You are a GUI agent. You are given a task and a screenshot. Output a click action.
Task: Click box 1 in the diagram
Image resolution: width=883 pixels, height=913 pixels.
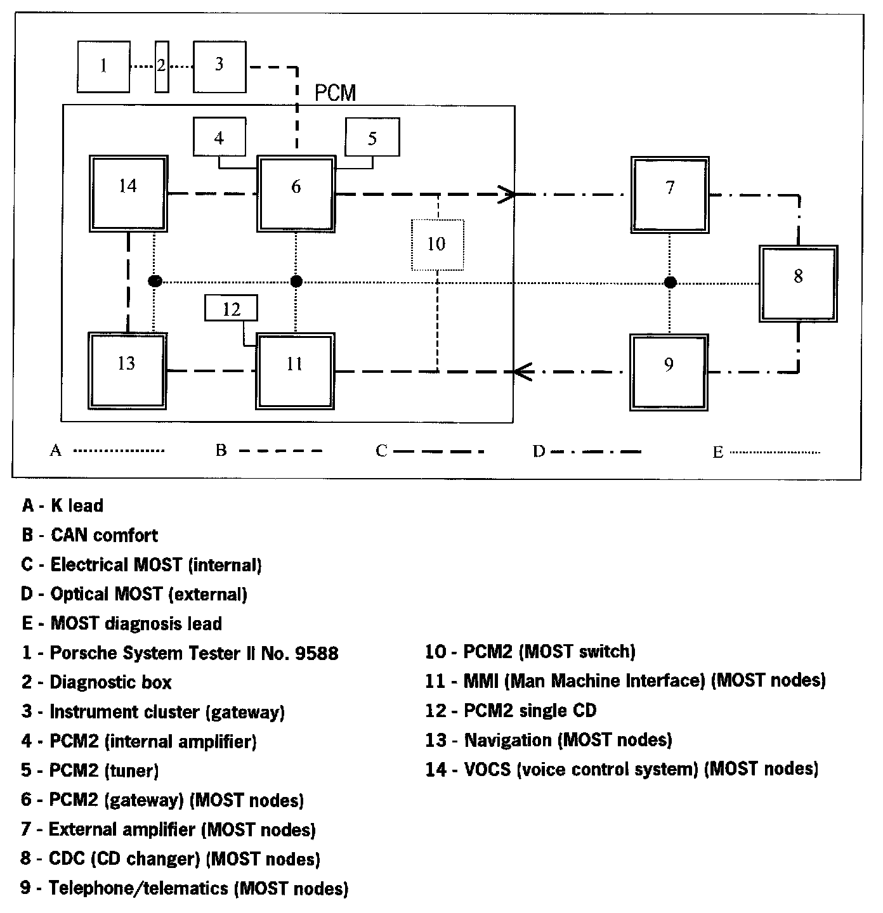[103, 67]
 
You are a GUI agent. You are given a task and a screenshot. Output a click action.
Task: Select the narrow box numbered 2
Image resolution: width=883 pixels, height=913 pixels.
[162, 67]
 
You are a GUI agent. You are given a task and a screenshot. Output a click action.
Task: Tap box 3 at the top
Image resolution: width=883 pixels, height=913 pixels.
[219, 67]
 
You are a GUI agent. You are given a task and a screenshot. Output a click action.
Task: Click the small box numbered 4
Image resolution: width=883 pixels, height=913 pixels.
[219, 137]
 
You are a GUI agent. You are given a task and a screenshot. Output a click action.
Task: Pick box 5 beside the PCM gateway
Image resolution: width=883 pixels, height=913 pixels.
[372, 137]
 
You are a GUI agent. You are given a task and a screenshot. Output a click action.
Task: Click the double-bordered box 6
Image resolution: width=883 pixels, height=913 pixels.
[296, 194]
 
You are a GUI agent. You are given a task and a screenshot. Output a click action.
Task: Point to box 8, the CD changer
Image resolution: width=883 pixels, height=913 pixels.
[799, 283]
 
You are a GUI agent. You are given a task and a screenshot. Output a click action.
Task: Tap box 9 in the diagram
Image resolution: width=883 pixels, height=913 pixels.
[669, 372]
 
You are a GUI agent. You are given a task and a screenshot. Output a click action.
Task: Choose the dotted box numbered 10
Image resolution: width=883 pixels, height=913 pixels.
[437, 244]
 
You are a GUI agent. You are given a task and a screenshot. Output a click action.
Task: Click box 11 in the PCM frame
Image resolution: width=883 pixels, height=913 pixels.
[295, 372]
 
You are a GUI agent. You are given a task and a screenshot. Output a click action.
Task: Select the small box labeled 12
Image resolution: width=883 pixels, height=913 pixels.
[232, 309]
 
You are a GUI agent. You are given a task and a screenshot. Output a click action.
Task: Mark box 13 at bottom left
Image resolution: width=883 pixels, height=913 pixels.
[128, 371]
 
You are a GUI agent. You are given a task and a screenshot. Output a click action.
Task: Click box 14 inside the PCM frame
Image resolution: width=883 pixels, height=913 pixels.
[128, 193]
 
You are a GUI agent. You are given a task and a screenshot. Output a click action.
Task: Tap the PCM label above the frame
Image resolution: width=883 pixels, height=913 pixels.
[336, 94]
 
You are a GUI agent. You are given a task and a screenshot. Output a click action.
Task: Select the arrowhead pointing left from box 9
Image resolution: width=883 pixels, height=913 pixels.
[521, 372]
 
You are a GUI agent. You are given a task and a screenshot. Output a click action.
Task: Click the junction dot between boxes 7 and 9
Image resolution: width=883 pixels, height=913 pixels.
[670, 282]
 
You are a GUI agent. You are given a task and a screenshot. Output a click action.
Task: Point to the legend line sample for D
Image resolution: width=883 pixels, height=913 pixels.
[596, 451]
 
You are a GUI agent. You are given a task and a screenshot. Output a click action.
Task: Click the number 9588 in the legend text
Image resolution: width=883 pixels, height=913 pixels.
[317, 653]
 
